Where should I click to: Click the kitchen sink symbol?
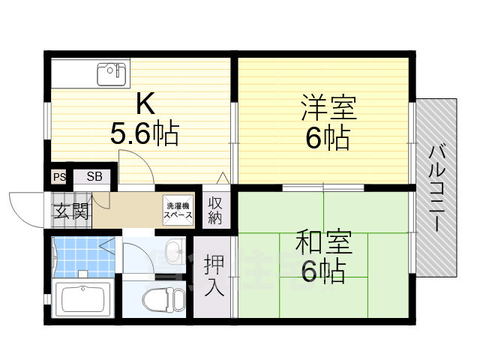[109, 73]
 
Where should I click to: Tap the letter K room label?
[145, 103]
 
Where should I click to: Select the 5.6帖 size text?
[144, 133]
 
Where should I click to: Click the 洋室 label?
[328, 107]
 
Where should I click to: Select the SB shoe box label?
[94, 177]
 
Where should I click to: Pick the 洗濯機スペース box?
[178, 210]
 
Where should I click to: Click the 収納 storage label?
[215, 210]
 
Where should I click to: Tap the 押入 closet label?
[214, 276]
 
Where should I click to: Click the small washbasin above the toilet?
[173, 249]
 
